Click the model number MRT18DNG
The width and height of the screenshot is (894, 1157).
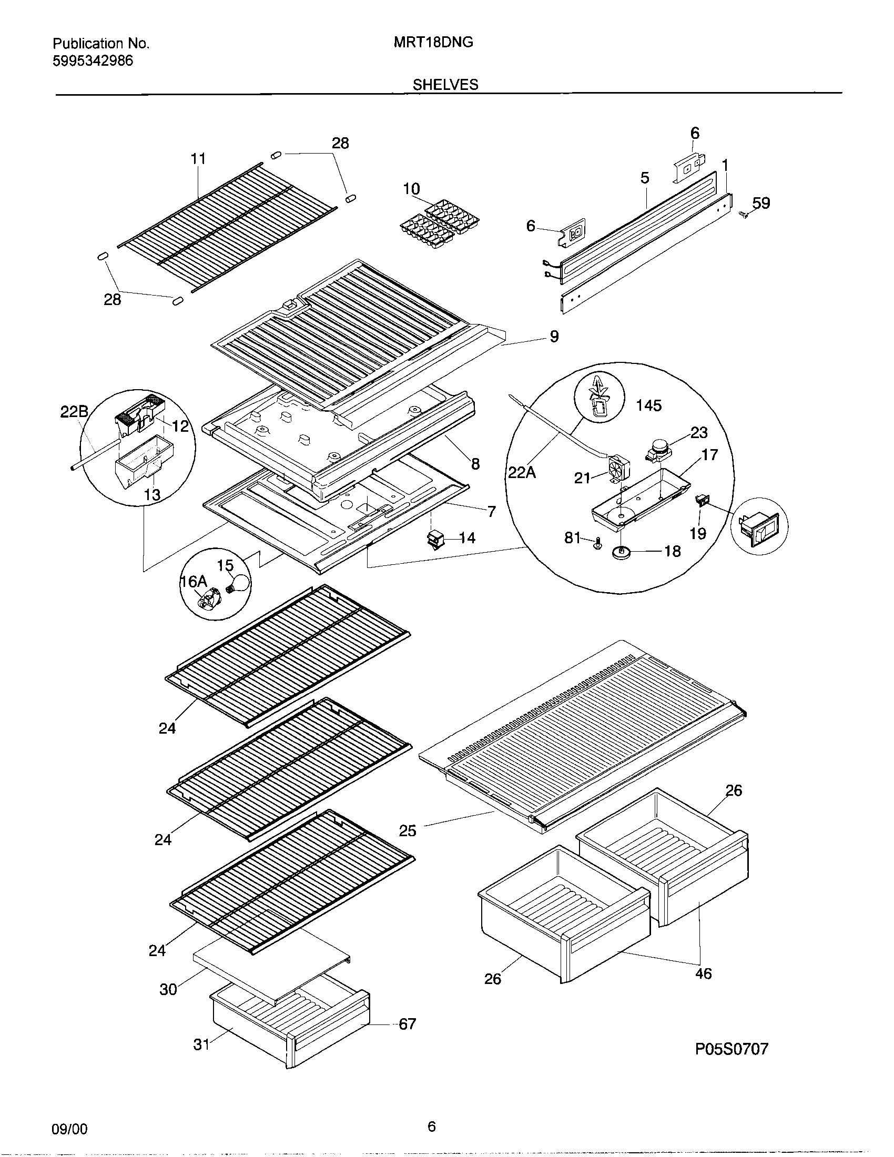[x=433, y=43]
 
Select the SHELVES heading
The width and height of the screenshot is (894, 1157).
[x=445, y=85]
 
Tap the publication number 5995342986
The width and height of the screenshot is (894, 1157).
[x=93, y=61]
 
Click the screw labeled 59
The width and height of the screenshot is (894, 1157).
[x=743, y=214]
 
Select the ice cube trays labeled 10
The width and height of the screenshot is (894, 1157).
[x=439, y=226]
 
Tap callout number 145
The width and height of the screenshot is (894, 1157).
[x=649, y=406]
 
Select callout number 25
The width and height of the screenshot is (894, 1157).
[x=408, y=830]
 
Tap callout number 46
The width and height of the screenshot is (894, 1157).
[x=703, y=973]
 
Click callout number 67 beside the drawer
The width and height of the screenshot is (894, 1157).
[x=407, y=1024]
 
